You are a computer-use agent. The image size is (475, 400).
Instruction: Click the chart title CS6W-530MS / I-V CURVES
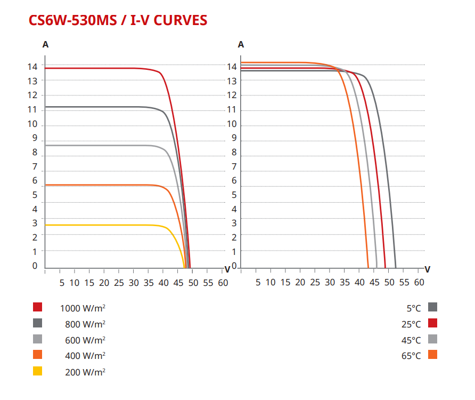pos(118,20)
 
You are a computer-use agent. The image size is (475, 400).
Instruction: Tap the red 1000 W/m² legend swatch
pos(37,307)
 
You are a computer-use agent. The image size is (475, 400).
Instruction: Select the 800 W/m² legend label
pos(85,324)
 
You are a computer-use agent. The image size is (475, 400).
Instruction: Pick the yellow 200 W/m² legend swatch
pos(37,371)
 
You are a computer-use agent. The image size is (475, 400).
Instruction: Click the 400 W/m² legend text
pos(85,356)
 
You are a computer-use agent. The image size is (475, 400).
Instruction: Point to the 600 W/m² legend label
pos(85,340)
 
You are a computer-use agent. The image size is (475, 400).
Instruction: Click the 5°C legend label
pos(414,308)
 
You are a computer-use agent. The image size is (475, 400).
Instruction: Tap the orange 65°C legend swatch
pos(432,355)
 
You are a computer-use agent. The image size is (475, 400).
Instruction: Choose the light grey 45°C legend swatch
pos(432,339)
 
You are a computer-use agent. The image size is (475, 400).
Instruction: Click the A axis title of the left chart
pos(45,45)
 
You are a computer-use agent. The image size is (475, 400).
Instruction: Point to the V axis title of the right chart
pos(427,269)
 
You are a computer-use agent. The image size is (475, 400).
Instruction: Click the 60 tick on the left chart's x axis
pos(224,282)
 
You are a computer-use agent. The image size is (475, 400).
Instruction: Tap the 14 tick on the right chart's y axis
pos(232,67)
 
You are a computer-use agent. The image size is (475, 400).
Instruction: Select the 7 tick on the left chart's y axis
pos(35,167)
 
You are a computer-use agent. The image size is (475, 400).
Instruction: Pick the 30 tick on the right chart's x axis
pos(330,282)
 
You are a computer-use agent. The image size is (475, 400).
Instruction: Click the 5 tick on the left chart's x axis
pos(61,282)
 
